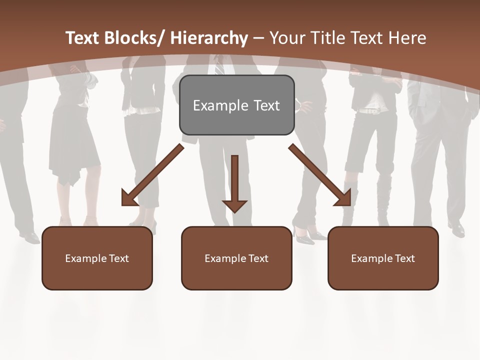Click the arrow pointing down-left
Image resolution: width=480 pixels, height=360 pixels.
(152, 175)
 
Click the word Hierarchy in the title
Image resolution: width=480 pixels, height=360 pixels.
(209, 38)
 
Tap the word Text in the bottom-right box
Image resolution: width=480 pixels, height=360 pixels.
(404, 258)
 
